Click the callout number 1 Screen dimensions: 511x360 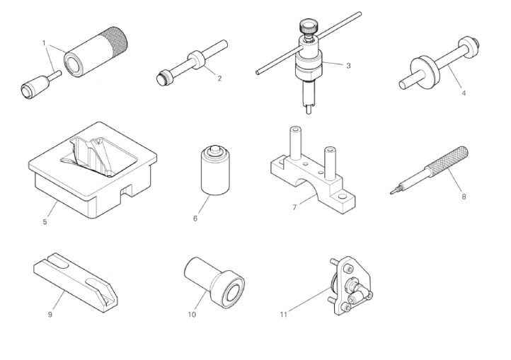pyautogui.click(x=44, y=43)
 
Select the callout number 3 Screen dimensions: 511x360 pyautogui.click(x=348, y=66)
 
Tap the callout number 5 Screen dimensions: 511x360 pyautogui.click(x=45, y=222)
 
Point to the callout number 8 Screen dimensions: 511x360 pyautogui.click(x=464, y=197)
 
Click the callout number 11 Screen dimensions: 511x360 pyautogui.click(x=283, y=315)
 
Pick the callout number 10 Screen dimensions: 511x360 pyautogui.click(x=192, y=315)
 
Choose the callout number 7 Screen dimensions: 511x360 pyautogui.click(x=294, y=207)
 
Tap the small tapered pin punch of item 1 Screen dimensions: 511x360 pyautogui.click(x=41, y=83)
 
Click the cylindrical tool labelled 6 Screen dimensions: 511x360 pyautogui.click(x=215, y=170)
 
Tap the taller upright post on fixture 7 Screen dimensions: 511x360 pyautogui.click(x=296, y=143)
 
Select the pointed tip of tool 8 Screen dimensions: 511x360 pyautogui.click(x=391, y=193)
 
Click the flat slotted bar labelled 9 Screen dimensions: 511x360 pyautogui.click(x=76, y=282)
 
